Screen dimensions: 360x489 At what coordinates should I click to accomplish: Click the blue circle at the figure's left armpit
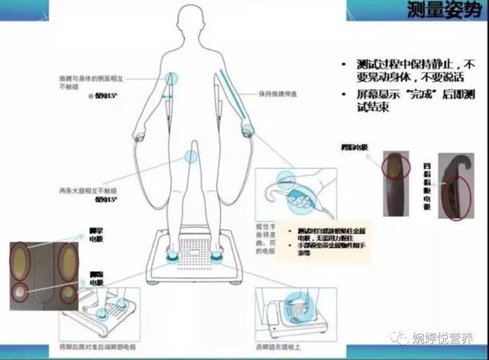(x=170, y=77)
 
